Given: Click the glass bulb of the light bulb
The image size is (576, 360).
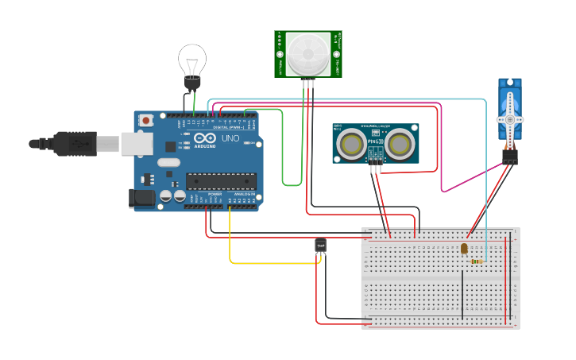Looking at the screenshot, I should pyautogui.click(x=191, y=59).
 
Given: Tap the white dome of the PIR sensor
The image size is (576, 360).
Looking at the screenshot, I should pyautogui.click(x=307, y=52).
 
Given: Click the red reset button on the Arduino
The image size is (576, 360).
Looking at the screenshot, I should pyautogui.click(x=146, y=120).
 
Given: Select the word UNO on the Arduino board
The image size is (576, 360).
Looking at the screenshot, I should pyautogui.click(x=230, y=138).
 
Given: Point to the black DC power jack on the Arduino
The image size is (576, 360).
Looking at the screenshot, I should pyautogui.click(x=141, y=198).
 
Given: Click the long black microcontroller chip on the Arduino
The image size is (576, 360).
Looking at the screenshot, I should pyautogui.click(x=221, y=181).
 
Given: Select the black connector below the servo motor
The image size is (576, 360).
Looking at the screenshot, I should pyautogui.click(x=509, y=157).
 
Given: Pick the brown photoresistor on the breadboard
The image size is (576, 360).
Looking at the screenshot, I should pyautogui.click(x=464, y=249).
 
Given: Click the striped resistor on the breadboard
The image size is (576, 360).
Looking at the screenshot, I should pyautogui.click(x=477, y=261).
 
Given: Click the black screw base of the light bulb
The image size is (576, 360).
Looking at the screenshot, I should pyautogui.click(x=191, y=83).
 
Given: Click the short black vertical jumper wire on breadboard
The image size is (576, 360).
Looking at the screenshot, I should pyautogui.click(x=462, y=294).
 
